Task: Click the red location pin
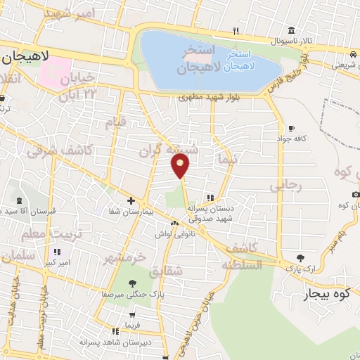coord(181,165)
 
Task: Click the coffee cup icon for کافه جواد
coord(290,128)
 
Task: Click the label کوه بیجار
coord(326,294)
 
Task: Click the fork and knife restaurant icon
coord(236,31)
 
